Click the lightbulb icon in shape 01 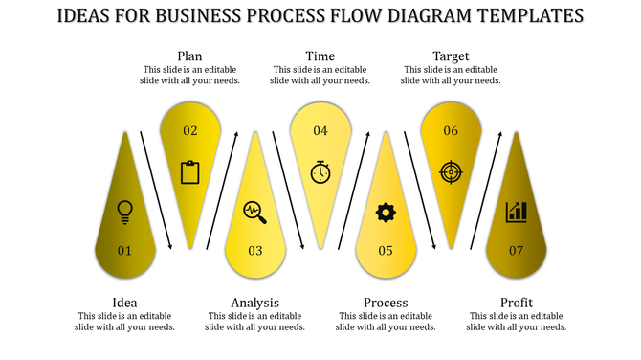[123, 211]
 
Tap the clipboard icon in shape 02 [189, 172]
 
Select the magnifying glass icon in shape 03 [254, 211]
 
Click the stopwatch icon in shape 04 [320, 172]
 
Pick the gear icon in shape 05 [386, 212]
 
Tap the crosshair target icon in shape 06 [450, 172]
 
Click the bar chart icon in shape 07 [517, 212]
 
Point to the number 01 [124, 251]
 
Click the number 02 [189, 131]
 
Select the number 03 [254, 251]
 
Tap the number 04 [320, 131]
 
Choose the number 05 [386, 251]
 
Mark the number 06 [451, 131]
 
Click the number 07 [517, 251]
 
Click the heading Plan [189, 56]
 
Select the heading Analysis [254, 303]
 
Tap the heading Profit [517, 303]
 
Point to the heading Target [451, 56]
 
